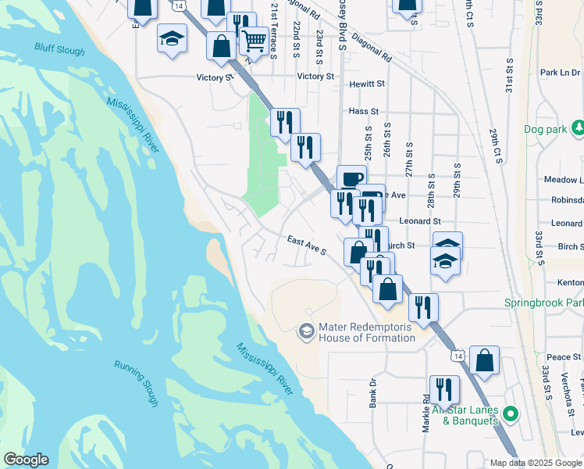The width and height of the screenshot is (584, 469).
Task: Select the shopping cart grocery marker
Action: [x=253, y=40]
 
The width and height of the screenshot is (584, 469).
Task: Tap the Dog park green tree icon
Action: [x=578, y=127]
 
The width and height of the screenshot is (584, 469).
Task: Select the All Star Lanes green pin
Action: [x=511, y=413]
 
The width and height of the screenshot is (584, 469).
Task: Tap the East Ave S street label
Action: [x=305, y=247]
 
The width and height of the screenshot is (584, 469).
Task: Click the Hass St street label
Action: [x=363, y=112]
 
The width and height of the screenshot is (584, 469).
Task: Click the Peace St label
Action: [x=561, y=356]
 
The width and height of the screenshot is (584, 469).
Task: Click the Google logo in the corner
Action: [x=25, y=460]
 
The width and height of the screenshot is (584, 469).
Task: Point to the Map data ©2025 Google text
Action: [x=536, y=463]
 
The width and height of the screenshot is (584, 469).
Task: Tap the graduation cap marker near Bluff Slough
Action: [x=171, y=38]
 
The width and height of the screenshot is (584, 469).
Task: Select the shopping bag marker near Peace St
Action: [x=484, y=360]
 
